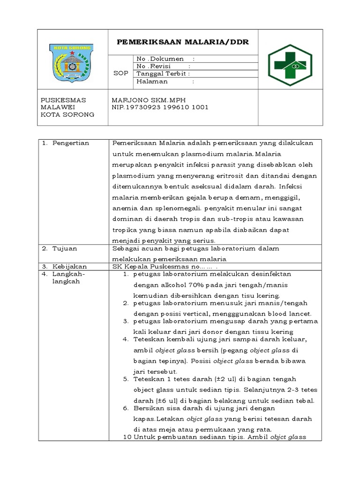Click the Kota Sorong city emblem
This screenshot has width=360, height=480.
(72, 64)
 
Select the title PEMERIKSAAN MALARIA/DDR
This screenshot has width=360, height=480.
(182, 42)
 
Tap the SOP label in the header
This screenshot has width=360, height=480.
(120, 73)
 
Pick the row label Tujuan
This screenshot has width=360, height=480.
(65, 248)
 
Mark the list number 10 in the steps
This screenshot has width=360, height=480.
(126, 437)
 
